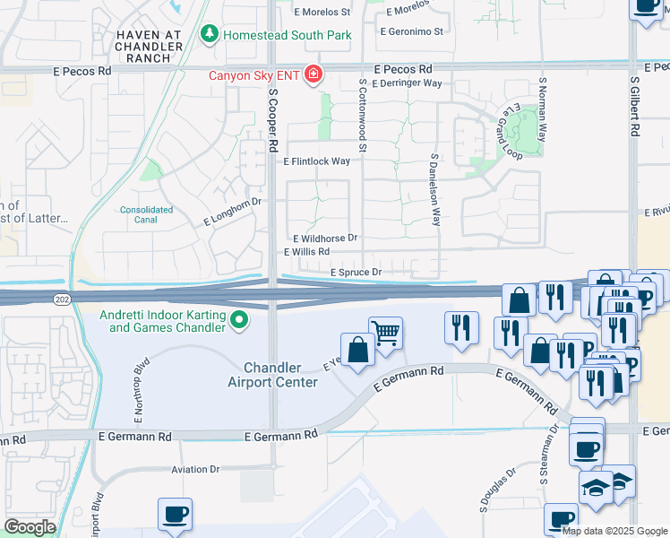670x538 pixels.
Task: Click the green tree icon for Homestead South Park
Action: pos(210,34)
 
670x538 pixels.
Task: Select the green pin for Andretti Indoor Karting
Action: pos(238,319)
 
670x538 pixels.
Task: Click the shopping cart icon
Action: pos(385,333)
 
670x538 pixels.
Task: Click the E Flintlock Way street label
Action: pos(316,161)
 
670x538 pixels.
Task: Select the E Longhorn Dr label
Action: pos(232,211)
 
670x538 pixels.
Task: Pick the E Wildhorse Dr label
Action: pos(325,239)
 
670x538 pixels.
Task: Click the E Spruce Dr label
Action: pos(356,272)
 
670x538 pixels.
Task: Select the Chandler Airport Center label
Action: pos(280,375)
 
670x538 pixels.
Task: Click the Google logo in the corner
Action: pos(30,527)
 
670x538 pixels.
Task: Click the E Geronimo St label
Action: pos(412,31)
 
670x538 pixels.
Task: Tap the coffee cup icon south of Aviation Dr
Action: pos(175,514)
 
